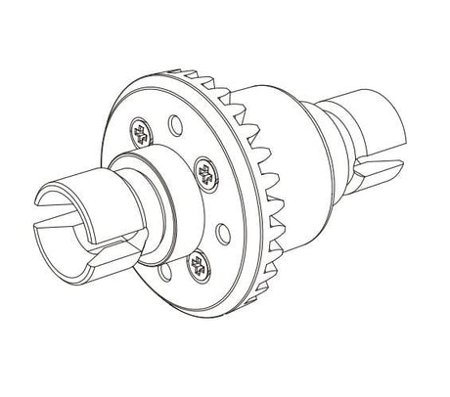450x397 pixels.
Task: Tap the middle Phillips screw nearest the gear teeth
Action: [205, 174]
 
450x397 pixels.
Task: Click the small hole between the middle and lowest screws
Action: [220, 232]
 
